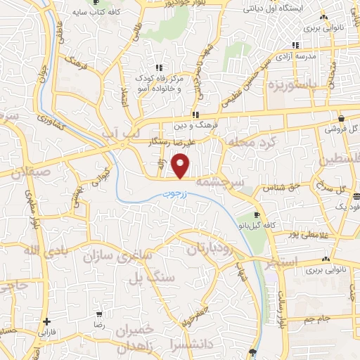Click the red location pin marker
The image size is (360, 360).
[182, 166]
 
